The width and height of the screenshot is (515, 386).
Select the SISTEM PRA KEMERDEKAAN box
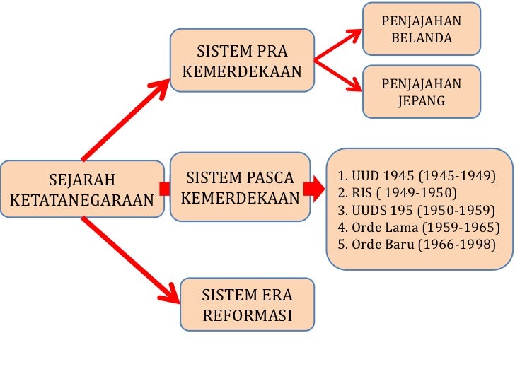click(x=242, y=62)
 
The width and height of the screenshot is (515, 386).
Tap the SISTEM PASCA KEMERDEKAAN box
click(x=241, y=187)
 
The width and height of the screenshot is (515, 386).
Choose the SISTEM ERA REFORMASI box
click(x=247, y=305)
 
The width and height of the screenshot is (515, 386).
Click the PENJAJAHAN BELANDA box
click(x=421, y=29)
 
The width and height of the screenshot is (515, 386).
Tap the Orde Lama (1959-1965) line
click(x=418, y=227)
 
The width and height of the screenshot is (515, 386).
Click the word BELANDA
click(x=421, y=37)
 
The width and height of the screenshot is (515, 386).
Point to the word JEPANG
click(x=421, y=100)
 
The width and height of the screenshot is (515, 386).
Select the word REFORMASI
click(x=247, y=315)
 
